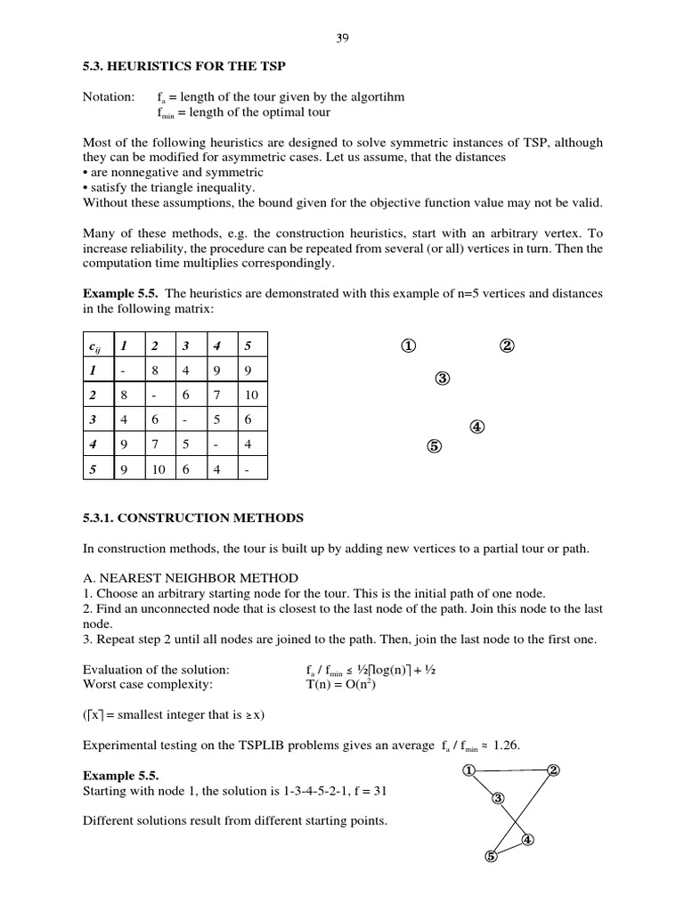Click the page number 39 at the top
pyautogui.click(x=341, y=38)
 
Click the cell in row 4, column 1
pyautogui.click(x=125, y=442)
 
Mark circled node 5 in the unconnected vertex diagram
pyautogui.click(x=434, y=447)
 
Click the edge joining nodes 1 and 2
pyautogui.click(x=509, y=770)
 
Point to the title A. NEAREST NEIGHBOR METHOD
pyautogui.click(x=190, y=578)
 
